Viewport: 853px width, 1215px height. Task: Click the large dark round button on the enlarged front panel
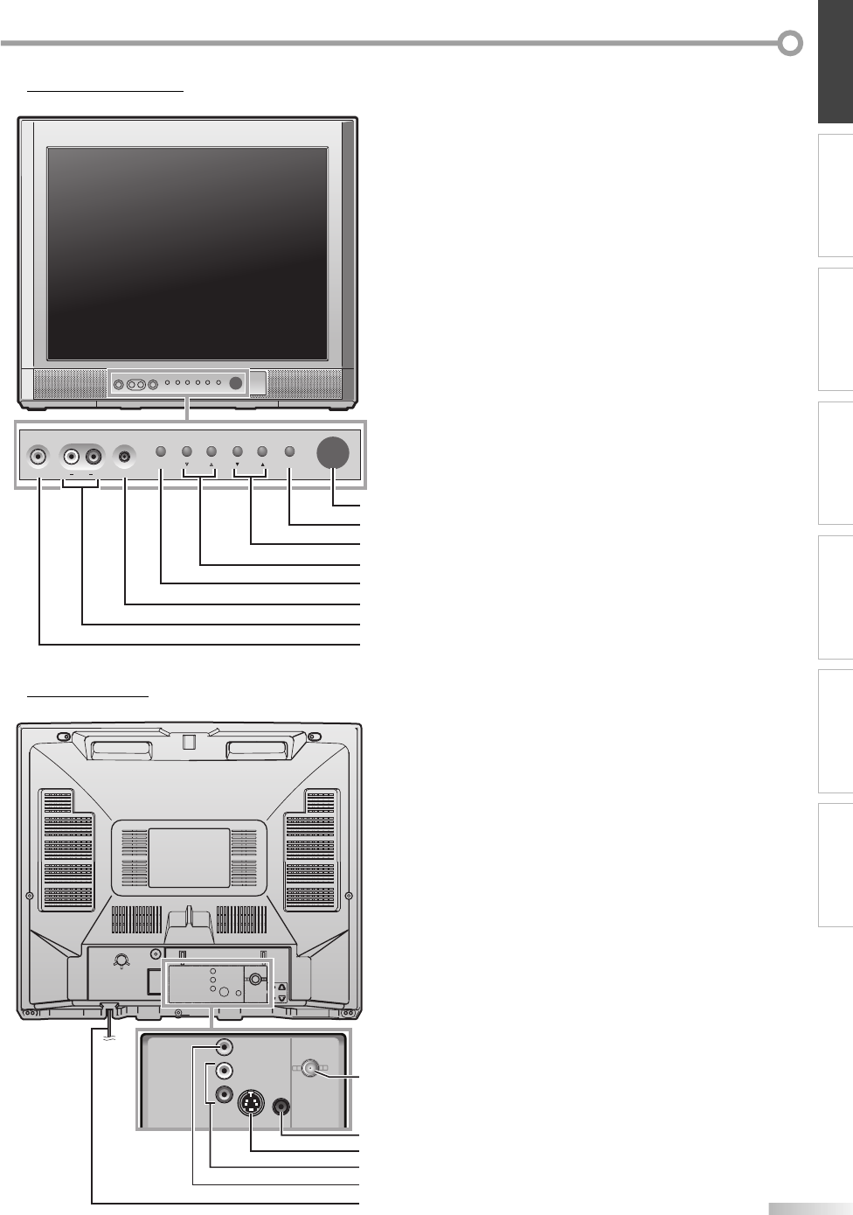pyautogui.click(x=333, y=452)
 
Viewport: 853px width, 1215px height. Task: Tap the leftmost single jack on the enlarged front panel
pyautogui.click(x=38, y=456)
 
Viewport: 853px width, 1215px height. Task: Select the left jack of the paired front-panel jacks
pyautogui.click(x=72, y=456)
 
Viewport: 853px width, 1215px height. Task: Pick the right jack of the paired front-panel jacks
pyautogui.click(x=93, y=456)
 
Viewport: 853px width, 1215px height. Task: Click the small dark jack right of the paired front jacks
pyautogui.click(x=127, y=456)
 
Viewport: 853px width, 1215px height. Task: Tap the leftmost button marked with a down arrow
pyautogui.click(x=187, y=452)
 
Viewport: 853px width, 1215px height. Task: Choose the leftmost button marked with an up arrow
pyautogui.click(x=212, y=452)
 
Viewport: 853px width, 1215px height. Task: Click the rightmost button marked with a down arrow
pyautogui.click(x=238, y=452)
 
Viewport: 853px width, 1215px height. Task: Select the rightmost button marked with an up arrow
pyautogui.click(x=262, y=452)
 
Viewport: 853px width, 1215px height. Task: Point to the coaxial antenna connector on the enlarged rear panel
pyautogui.click(x=309, y=1068)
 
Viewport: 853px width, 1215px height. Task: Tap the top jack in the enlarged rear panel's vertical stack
pyautogui.click(x=225, y=1046)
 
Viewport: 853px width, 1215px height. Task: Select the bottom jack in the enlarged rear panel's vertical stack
pyautogui.click(x=225, y=1093)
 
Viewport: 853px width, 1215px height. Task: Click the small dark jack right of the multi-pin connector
pyautogui.click(x=281, y=1106)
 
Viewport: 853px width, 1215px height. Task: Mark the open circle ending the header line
pyautogui.click(x=790, y=43)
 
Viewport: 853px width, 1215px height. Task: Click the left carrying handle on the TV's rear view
pyautogui.click(x=120, y=750)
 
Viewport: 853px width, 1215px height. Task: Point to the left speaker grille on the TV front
pyautogui.click(x=70, y=383)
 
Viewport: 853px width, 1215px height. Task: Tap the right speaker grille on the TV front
pyautogui.click(x=304, y=383)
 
